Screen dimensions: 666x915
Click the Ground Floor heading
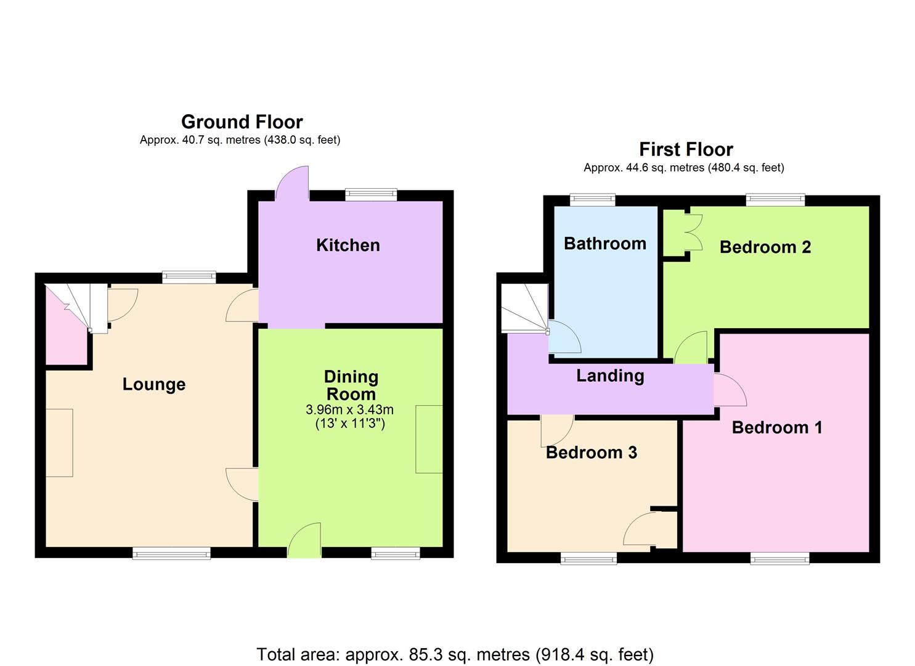point(242,121)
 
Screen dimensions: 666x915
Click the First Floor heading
point(686,149)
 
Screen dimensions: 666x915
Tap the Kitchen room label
point(348,245)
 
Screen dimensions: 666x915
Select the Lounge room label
point(153,384)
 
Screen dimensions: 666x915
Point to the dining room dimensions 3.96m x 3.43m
point(349,409)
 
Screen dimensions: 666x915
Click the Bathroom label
point(604,244)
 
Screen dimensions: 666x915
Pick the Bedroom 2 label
point(765,247)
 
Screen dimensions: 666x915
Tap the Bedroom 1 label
point(776,427)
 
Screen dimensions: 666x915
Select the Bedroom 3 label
point(591,453)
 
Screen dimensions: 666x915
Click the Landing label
point(610,376)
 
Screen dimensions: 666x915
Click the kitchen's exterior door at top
point(292,184)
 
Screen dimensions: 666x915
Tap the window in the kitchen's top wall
point(371,194)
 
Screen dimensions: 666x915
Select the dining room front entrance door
point(305,541)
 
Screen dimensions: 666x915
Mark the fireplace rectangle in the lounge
point(59,442)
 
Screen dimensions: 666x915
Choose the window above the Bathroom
point(592,199)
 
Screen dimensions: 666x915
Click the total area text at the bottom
point(455,654)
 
